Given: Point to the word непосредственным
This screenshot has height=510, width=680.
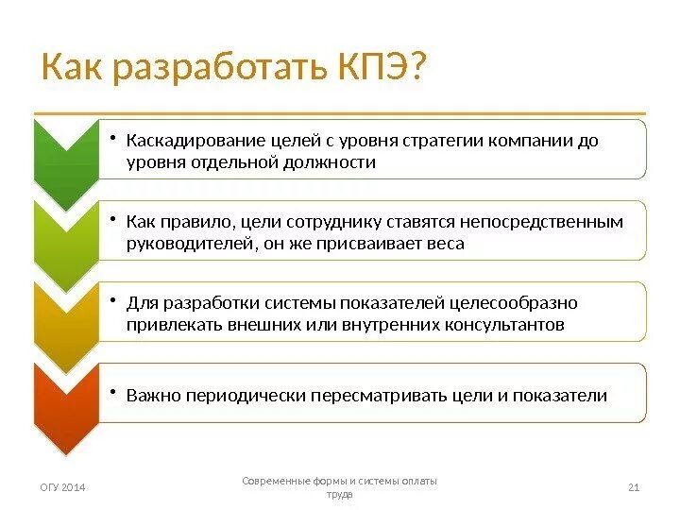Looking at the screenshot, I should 541,221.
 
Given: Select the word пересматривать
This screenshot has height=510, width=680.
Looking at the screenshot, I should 388,395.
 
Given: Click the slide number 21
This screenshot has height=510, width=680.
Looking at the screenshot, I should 634,487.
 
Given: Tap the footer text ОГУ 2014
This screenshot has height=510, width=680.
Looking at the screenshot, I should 61,487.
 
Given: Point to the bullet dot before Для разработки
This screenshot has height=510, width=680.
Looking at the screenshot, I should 110,301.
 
